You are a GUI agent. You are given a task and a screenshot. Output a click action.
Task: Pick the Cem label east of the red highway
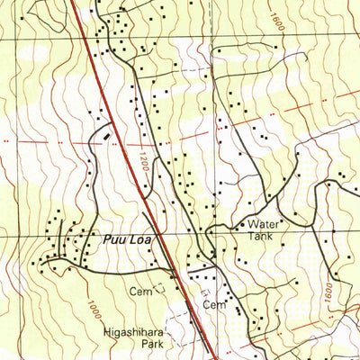pos(212,305)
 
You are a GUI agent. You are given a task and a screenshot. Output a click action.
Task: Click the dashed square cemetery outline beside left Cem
pos(160,289)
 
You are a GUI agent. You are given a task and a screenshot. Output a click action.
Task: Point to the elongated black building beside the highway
pos(110,135)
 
